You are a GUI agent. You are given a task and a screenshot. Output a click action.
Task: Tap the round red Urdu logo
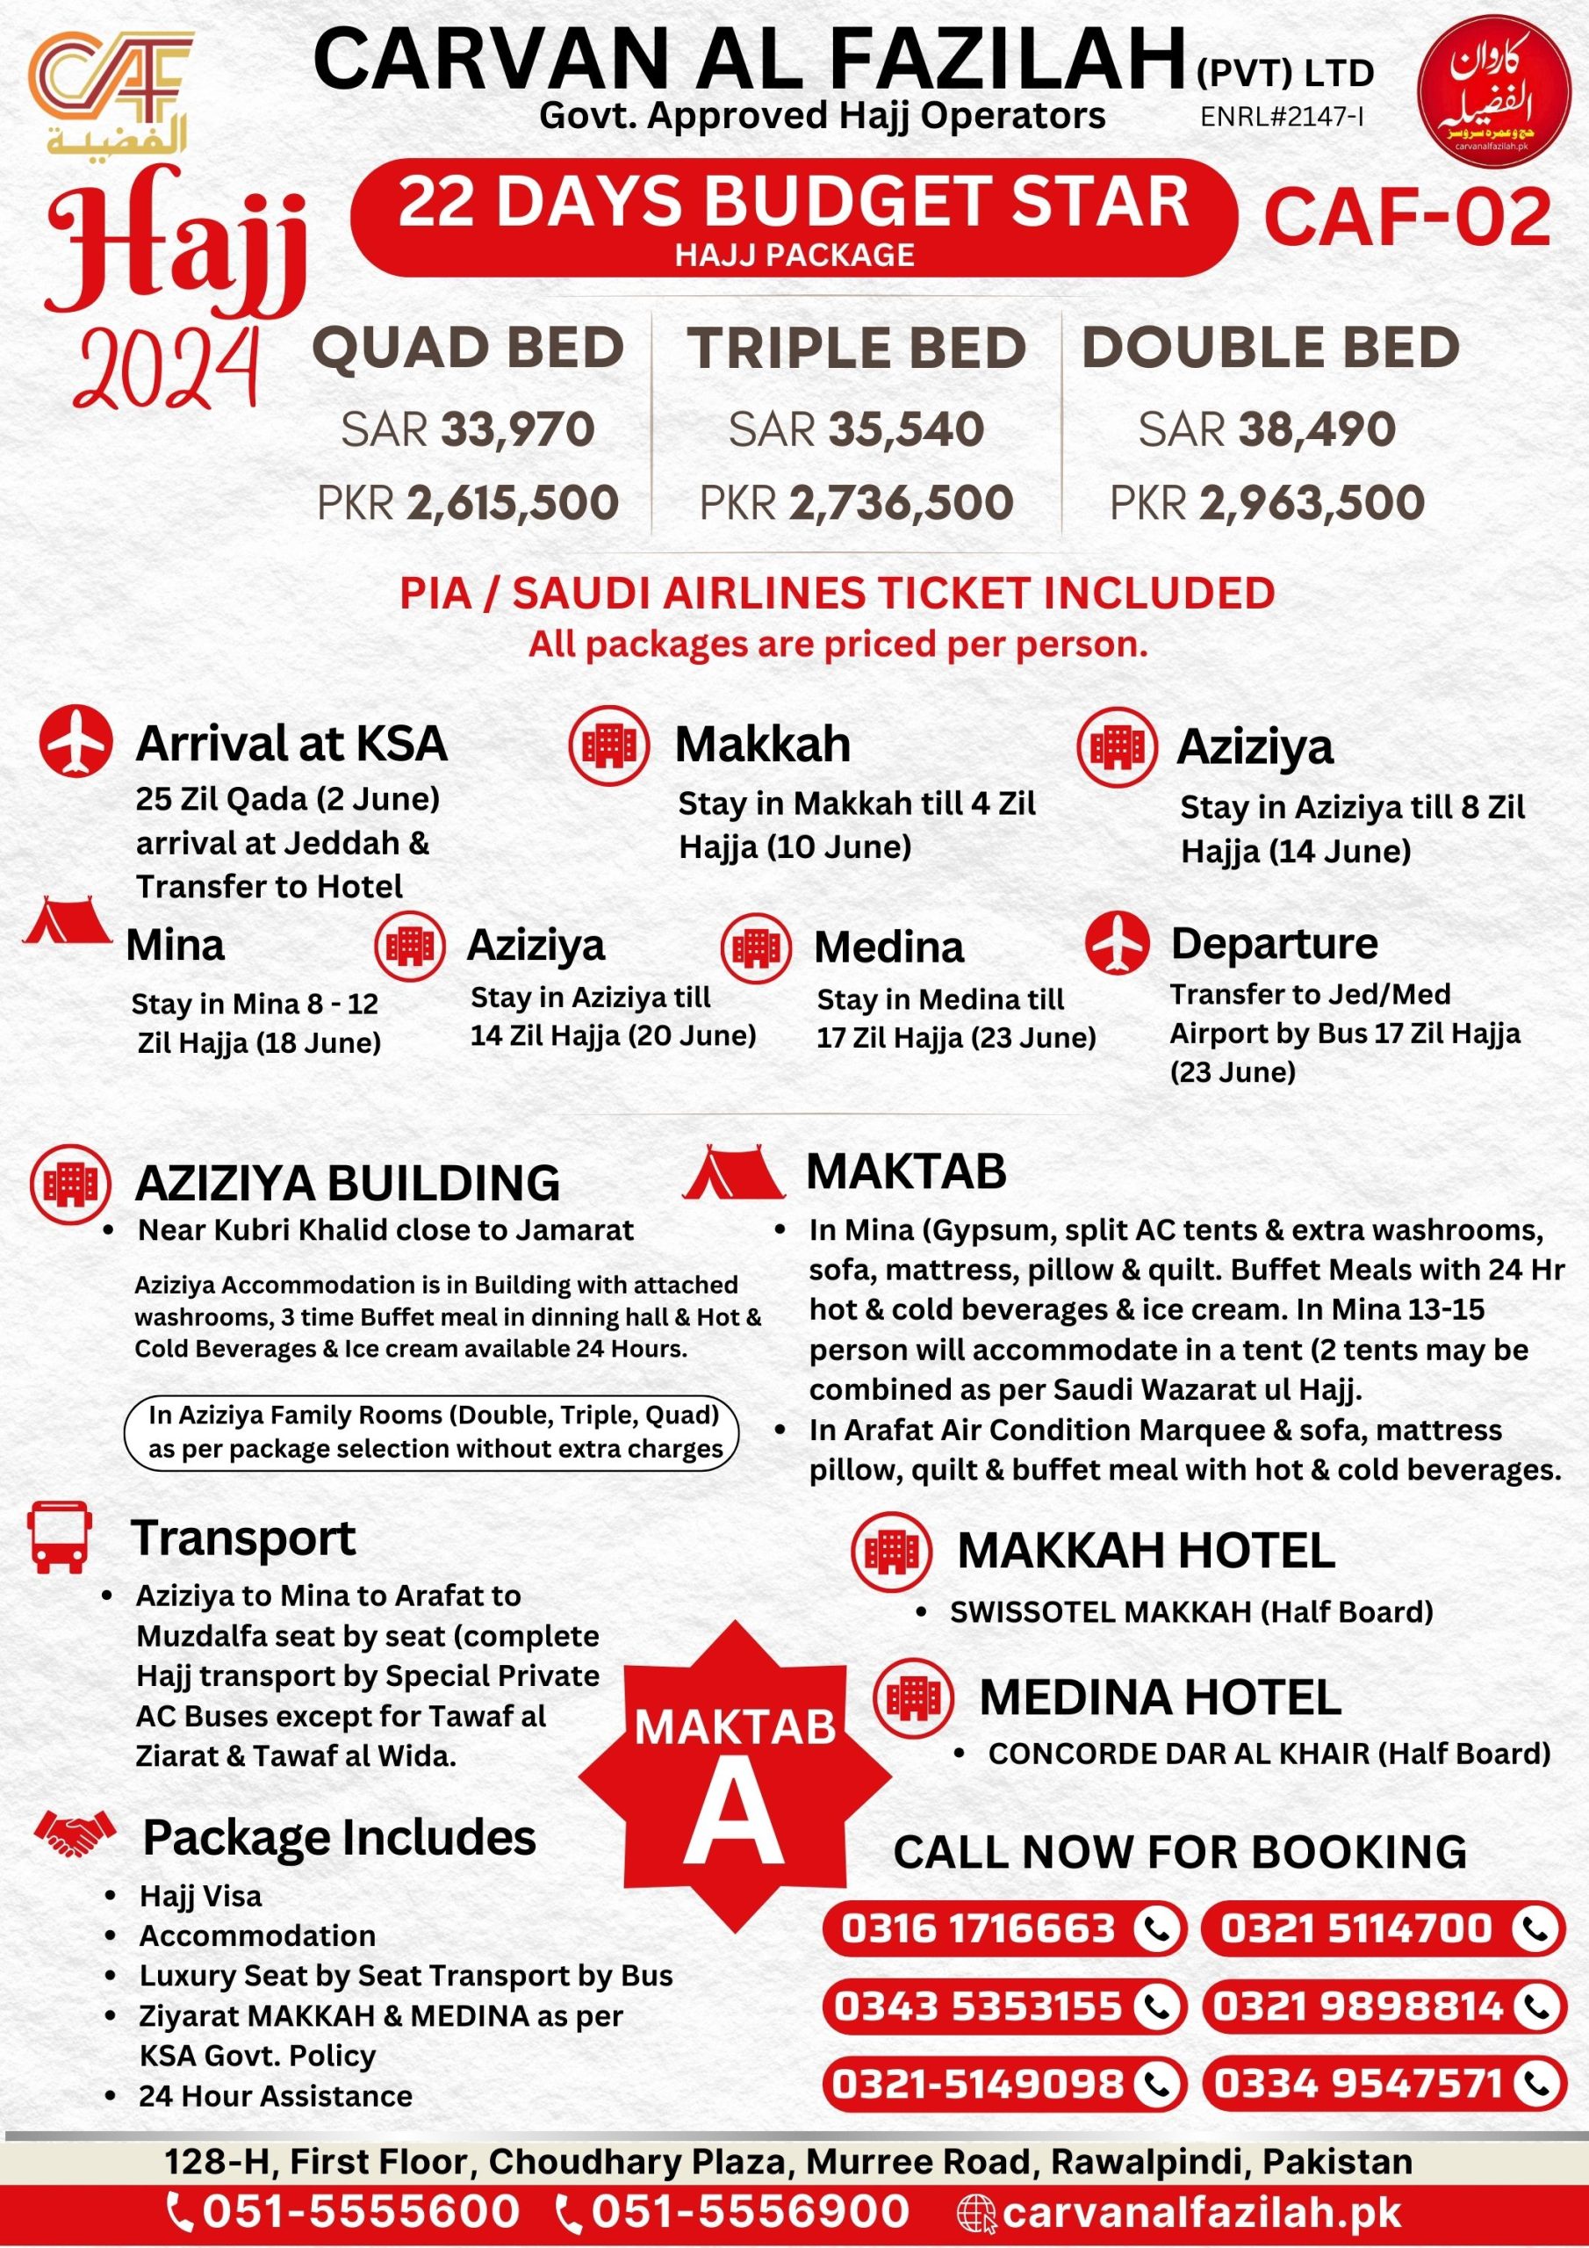click(x=1493, y=92)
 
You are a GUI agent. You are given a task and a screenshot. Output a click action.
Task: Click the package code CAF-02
click(x=1408, y=218)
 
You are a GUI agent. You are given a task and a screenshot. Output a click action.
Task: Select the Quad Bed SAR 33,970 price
click(x=468, y=429)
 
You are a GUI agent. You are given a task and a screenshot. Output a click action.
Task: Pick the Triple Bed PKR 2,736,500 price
click(x=857, y=502)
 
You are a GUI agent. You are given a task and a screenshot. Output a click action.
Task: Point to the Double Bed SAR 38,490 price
click(x=1267, y=429)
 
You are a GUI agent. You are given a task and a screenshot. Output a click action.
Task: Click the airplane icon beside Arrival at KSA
click(x=76, y=741)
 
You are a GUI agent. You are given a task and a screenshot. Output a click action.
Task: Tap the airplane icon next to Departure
click(x=1116, y=943)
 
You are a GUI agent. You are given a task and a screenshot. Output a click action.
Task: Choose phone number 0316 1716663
click(x=978, y=1929)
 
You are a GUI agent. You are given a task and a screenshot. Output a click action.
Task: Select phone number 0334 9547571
click(x=1358, y=2083)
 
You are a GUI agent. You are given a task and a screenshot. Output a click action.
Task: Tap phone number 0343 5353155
click(x=978, y=2007)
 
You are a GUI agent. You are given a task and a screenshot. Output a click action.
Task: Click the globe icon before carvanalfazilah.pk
click(x=975, y=2212)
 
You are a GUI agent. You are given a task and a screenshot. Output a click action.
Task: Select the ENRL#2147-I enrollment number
click(x=1283, y=117)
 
